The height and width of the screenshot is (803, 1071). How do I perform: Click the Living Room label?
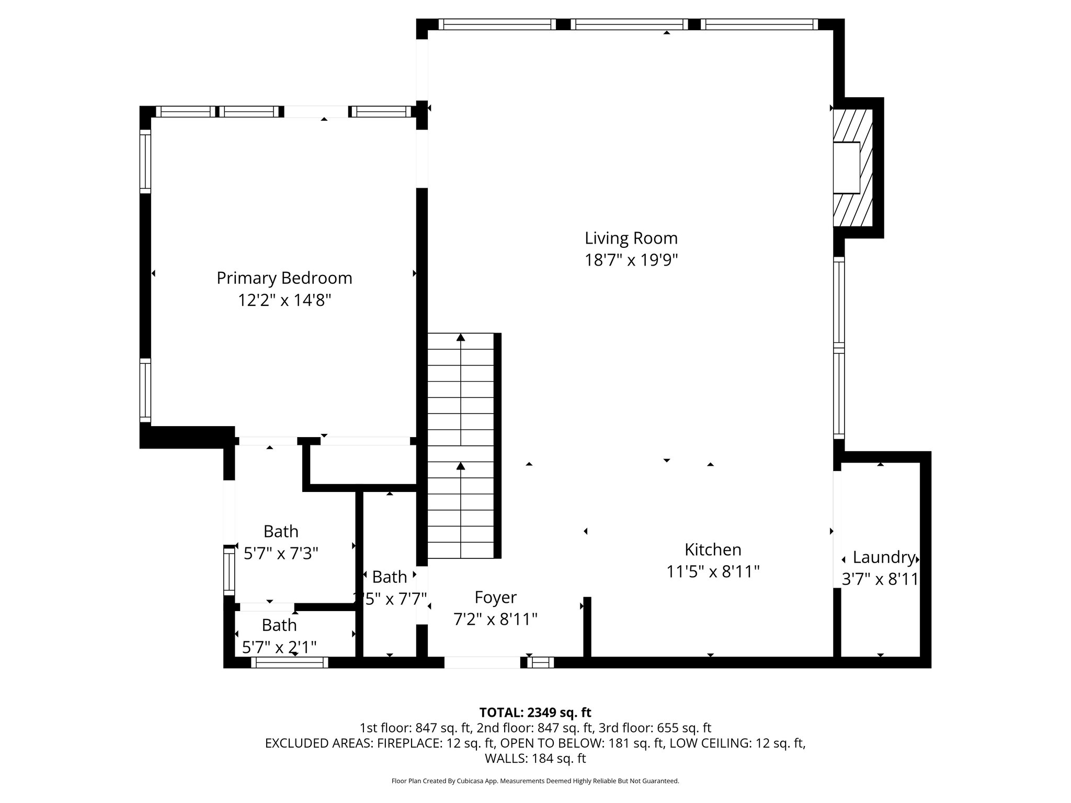point(631,238)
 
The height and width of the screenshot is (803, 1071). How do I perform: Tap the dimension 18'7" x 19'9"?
point(631,260)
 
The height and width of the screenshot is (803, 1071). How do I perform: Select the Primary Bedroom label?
point(284,278)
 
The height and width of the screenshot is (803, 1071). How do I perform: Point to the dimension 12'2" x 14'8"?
point(284,301)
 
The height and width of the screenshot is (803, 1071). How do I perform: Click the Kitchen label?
point(713,549)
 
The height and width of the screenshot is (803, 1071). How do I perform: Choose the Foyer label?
point(495,597)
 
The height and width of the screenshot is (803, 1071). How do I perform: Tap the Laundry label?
point(883,557)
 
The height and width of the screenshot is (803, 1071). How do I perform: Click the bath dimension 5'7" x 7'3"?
point(281,553)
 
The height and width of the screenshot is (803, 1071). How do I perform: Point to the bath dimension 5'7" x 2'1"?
point(279,648)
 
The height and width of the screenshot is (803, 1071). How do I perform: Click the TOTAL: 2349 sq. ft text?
point(535,713)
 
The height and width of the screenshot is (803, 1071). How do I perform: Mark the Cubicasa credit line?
point(535,781)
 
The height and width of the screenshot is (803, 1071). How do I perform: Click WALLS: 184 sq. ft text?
point(535,759)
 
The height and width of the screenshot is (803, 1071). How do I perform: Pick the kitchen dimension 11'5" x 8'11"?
point(713,572)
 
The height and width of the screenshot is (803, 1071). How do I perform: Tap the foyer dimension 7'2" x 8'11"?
point(495,620)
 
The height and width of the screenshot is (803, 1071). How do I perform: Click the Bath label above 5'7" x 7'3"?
point(281,531)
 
